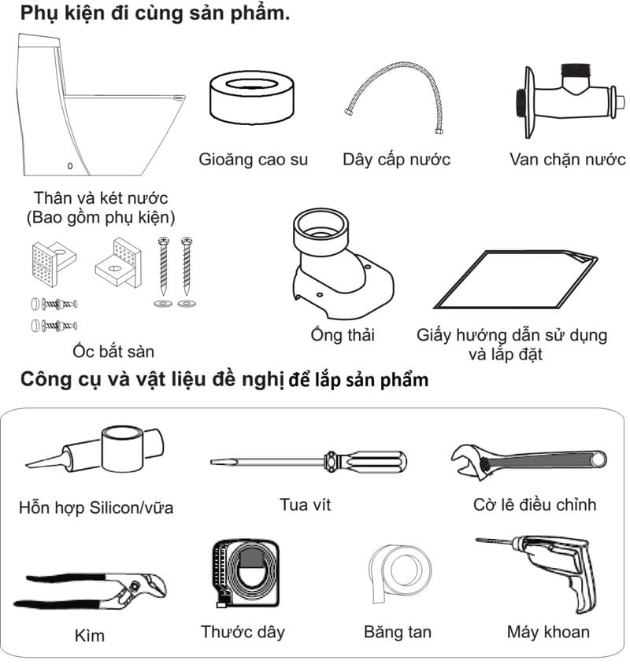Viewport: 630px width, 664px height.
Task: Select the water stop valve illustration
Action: (x=568, y=101)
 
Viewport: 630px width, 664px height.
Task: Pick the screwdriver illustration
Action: (x=309, y=462)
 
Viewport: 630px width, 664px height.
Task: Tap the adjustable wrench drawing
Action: (x=529, y=461)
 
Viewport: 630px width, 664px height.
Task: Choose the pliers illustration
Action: (x=90, y=591)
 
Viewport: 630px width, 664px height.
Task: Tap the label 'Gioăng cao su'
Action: (x=253, y=160)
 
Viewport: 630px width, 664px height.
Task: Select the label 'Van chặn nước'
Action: (x=567, y=160)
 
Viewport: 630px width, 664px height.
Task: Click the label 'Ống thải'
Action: (x=343, y=334)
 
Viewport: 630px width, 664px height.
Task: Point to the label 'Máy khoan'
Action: (x=548, y=632)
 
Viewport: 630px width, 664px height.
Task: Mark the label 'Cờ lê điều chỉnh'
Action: (x=535, y=504)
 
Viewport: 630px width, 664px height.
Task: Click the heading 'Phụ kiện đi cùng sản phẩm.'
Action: (x=155, y=13)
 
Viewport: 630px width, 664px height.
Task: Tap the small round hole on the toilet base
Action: (x=70, y=166)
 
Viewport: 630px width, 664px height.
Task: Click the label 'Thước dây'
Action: (x=243, y=632)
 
